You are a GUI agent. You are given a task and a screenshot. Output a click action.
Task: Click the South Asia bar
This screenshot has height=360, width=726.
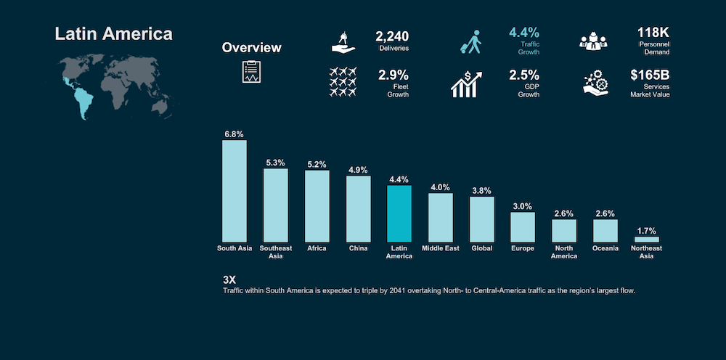coord(234,191)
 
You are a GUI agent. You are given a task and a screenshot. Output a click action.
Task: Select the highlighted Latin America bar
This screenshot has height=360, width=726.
coord(399,214)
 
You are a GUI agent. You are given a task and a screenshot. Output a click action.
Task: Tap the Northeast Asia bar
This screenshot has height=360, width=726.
coord(646,240)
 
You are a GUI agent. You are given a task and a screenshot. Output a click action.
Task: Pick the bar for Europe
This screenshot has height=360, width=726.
coord(523,227)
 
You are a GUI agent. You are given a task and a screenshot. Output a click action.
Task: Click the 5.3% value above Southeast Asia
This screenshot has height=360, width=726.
coord(275,163)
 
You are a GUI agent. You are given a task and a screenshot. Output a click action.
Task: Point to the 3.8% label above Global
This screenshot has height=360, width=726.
coord(481,191)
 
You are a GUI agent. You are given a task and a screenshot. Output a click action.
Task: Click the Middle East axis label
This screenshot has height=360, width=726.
coord(441,248)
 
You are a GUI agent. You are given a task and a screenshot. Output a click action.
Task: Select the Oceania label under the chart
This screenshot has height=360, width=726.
coord(605,248)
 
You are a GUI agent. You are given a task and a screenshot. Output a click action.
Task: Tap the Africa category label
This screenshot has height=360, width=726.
coord(317,248)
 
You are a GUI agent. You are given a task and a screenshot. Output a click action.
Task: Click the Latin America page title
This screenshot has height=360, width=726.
coord(113,34)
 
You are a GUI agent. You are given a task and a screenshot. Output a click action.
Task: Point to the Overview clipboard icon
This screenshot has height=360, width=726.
coord(251,72)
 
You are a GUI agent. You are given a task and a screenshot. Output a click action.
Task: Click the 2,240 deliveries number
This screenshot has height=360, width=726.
coord(392,36)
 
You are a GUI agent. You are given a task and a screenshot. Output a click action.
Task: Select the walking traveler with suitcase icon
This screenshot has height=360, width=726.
coord(471,42)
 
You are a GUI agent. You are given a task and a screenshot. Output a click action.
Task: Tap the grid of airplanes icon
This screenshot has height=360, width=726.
coord(343,82)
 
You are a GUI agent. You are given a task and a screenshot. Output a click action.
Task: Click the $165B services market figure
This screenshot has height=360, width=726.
coord(650,75)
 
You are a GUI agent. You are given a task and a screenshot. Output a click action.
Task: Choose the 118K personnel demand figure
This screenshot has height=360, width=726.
coord(653,33)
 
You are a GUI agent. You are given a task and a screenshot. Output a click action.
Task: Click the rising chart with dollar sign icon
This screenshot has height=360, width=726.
coord(466,84)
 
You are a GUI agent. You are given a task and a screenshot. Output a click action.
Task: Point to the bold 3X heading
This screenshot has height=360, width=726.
coord(229,280)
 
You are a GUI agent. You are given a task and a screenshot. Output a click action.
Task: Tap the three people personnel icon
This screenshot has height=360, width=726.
coord(593,41)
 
